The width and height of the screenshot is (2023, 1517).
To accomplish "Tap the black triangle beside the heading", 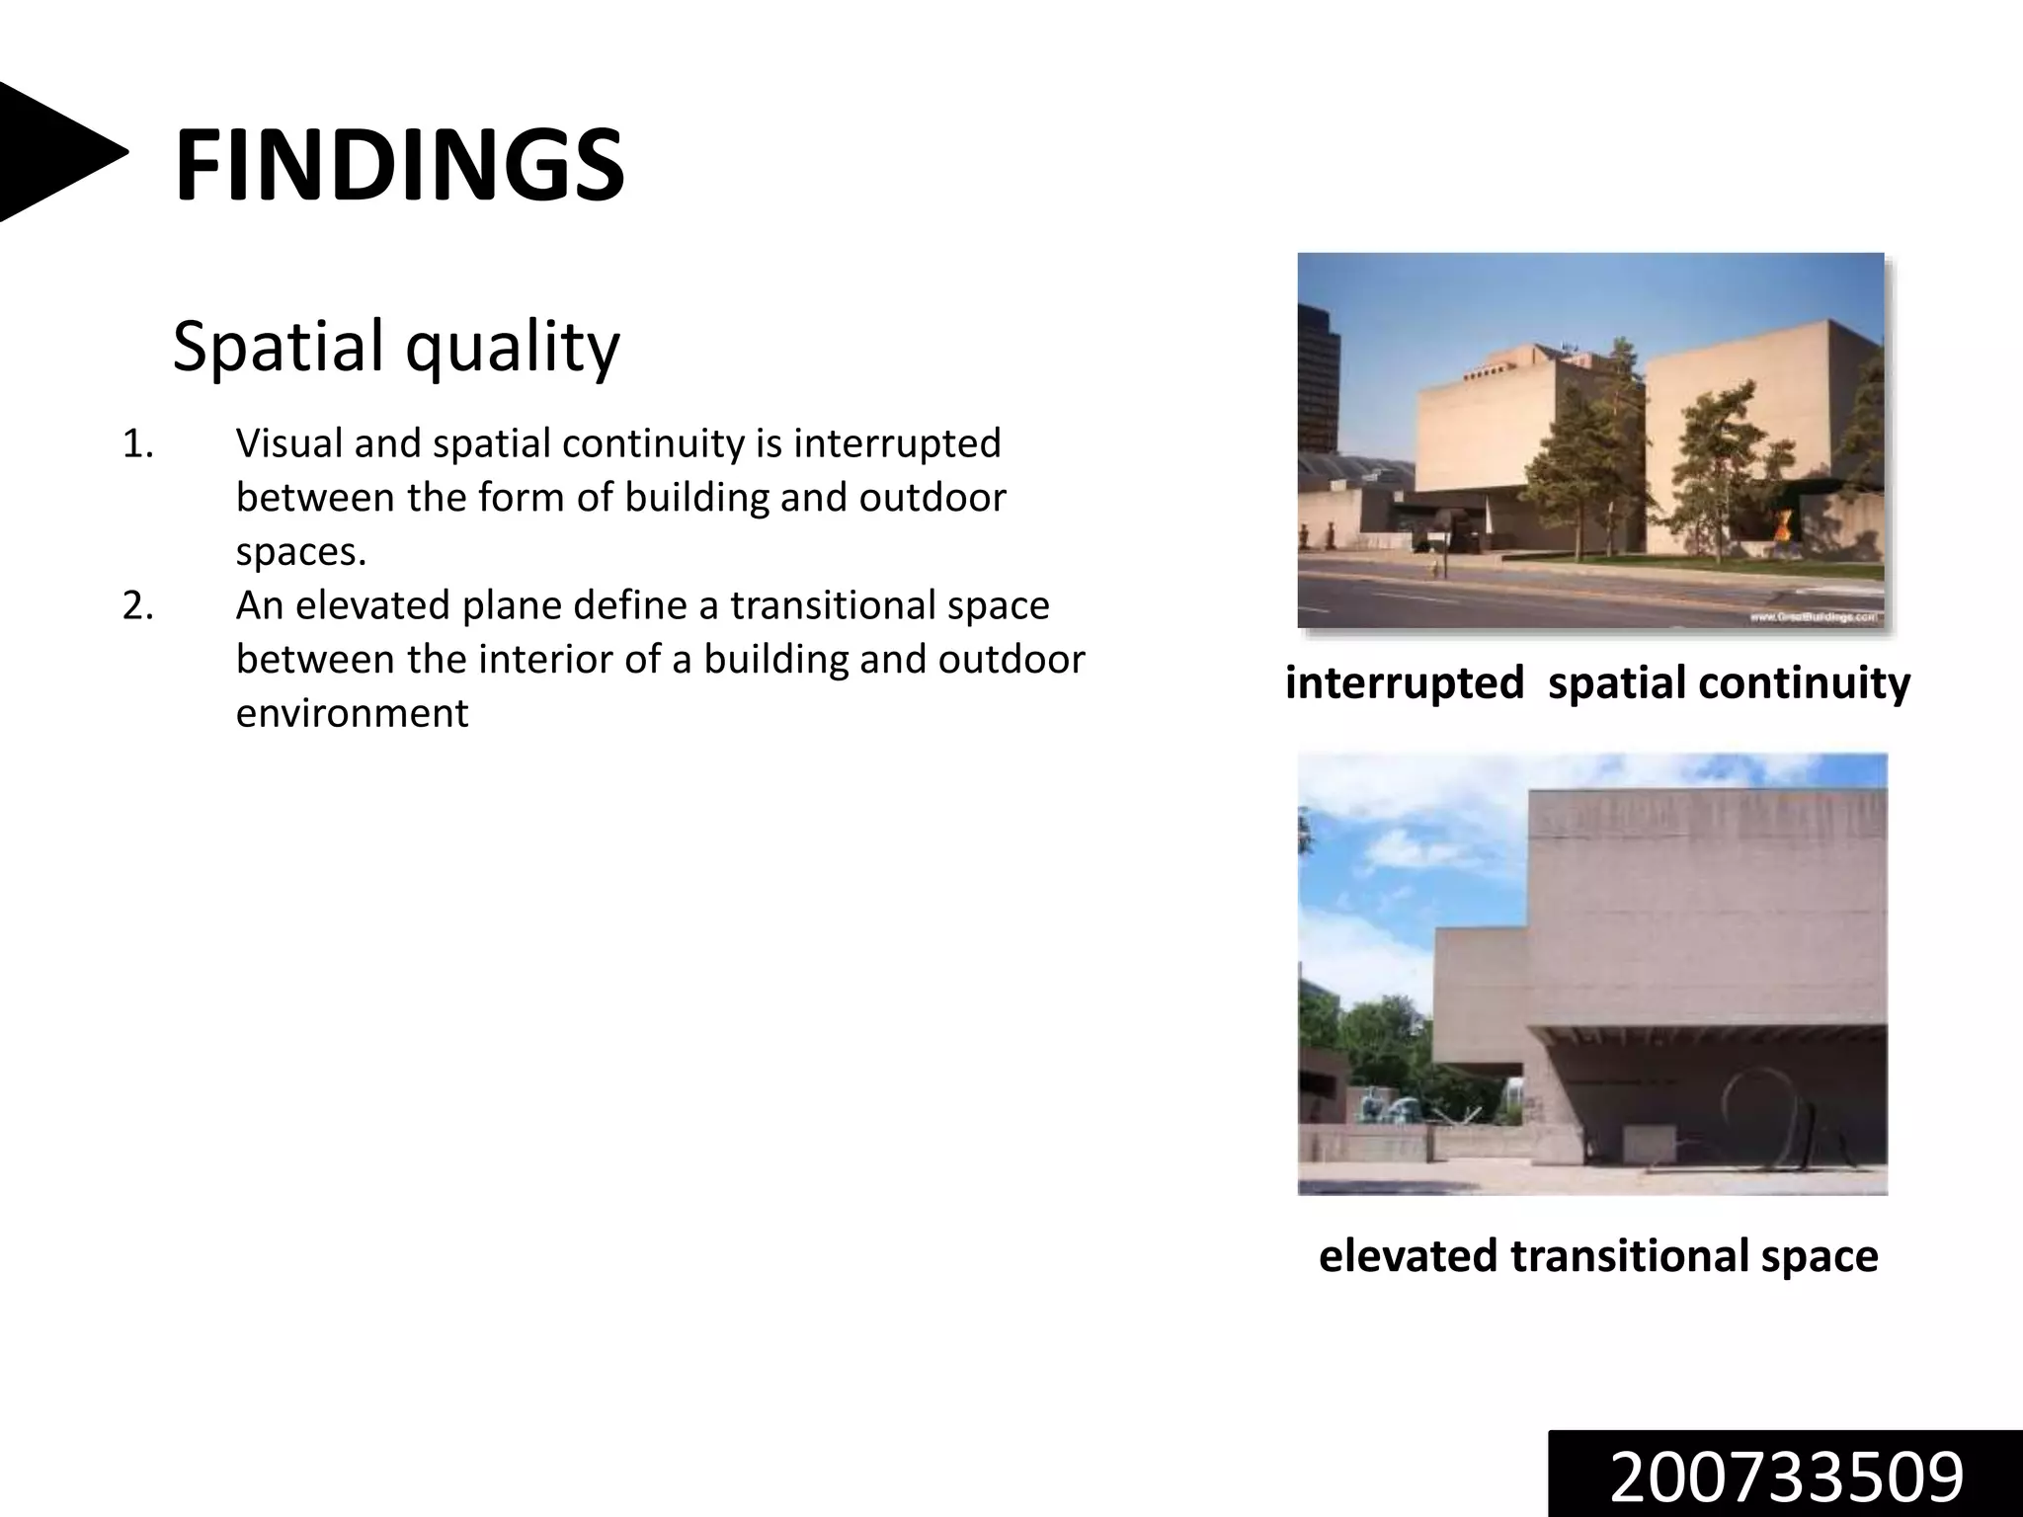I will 54,152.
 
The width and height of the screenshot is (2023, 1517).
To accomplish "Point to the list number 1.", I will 137,443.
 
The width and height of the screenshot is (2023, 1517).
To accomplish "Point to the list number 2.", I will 137,605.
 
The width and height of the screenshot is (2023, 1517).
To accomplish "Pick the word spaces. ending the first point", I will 300,551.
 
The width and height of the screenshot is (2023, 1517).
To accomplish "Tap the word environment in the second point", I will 352,713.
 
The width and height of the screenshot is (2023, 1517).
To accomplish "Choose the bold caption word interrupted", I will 1404,682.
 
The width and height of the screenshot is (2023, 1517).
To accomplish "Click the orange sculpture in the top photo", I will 1778,521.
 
